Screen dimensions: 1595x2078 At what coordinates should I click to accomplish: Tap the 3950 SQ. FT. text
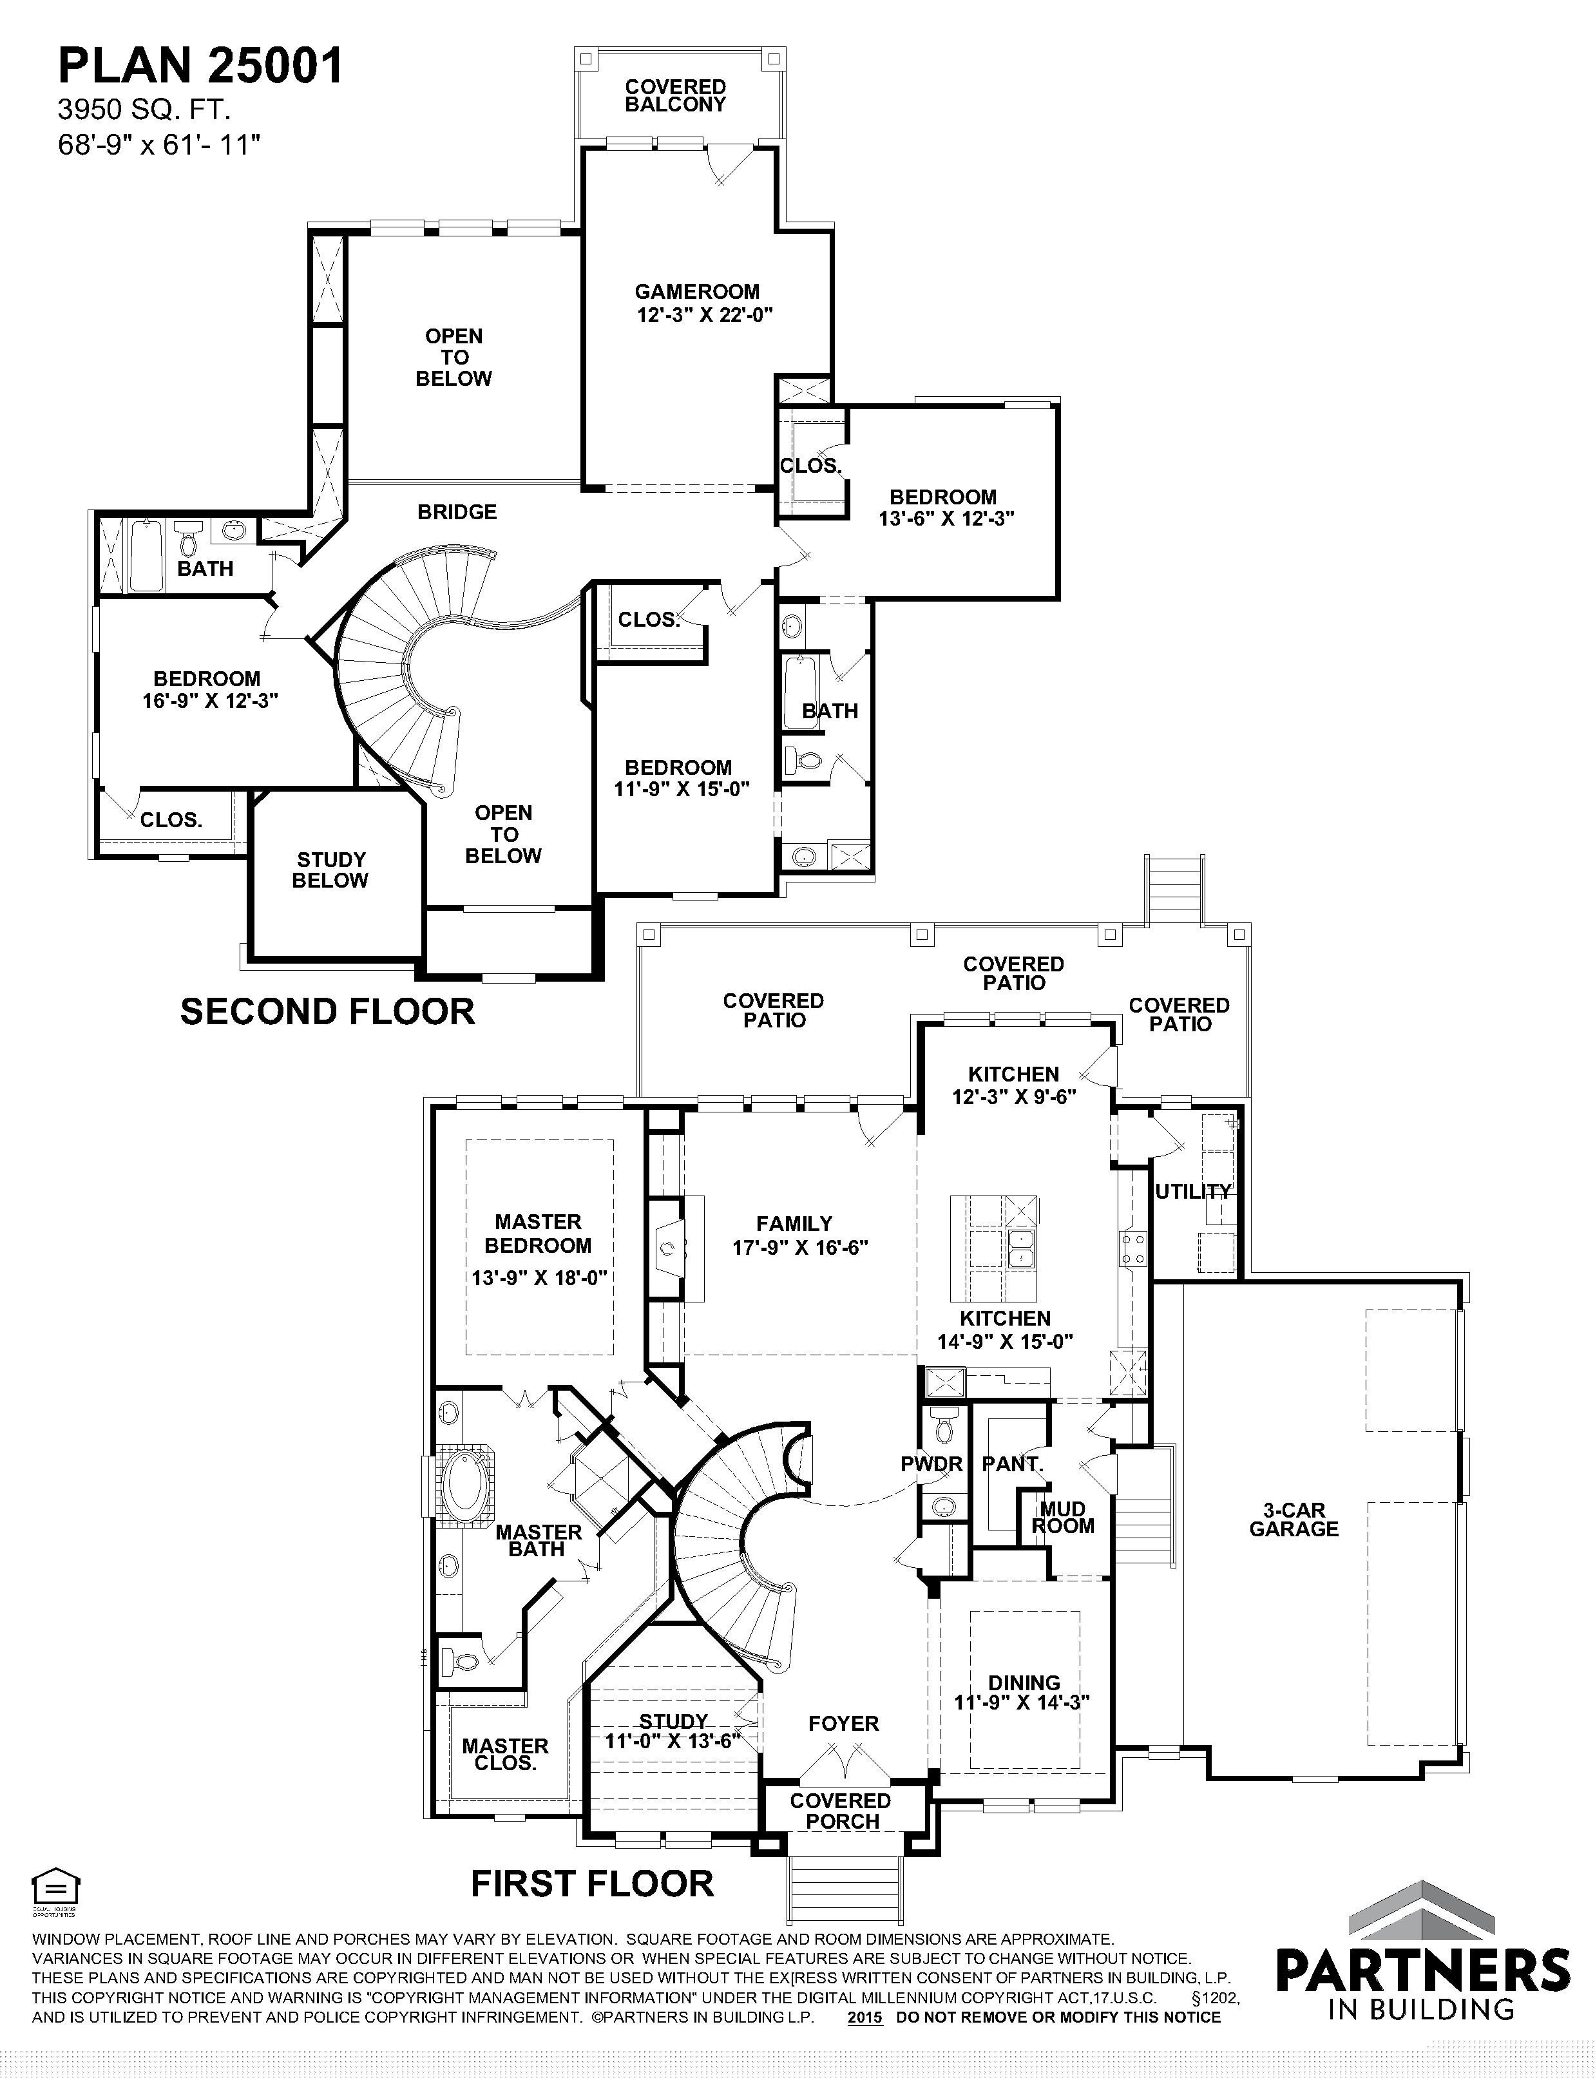pos(144,110)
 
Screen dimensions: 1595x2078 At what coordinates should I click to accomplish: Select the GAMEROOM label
pos(697,291)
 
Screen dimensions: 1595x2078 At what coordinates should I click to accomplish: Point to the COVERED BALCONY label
pos(675,96)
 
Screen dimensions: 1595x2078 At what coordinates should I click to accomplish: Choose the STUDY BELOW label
pos(330,870)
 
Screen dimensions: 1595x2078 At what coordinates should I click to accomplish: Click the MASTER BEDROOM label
pos(539,1233)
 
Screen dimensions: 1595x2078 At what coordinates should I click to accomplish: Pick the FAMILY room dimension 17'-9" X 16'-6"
pos(800,1247)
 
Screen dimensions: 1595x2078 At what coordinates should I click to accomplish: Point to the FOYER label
pos(843,1723)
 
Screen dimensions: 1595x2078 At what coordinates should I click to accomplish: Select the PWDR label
pos(931,1463)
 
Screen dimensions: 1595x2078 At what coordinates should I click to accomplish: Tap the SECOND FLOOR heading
pos(327,1012)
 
